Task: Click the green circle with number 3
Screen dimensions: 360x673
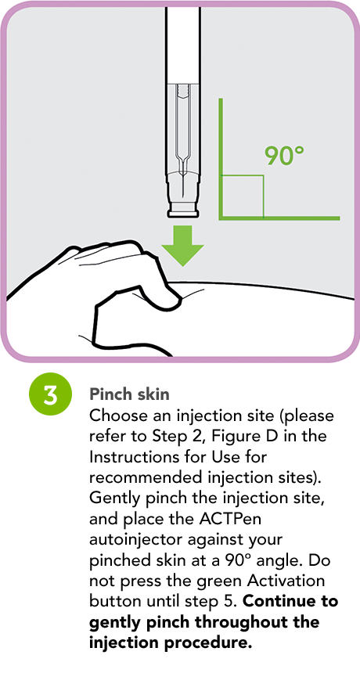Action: (x=50, y=394)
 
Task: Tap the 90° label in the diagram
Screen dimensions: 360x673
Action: (x=283, y=156)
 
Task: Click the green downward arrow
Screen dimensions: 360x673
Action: (x=182, y=246)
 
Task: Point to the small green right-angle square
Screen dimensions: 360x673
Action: (x=242, y=196)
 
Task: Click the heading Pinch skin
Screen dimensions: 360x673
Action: (x=129, y=394)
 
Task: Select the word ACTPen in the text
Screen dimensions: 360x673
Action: (x=234, y=519)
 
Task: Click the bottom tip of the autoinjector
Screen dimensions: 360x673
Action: (x=183, y=214)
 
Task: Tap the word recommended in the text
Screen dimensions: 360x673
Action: (x=144, y=477)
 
